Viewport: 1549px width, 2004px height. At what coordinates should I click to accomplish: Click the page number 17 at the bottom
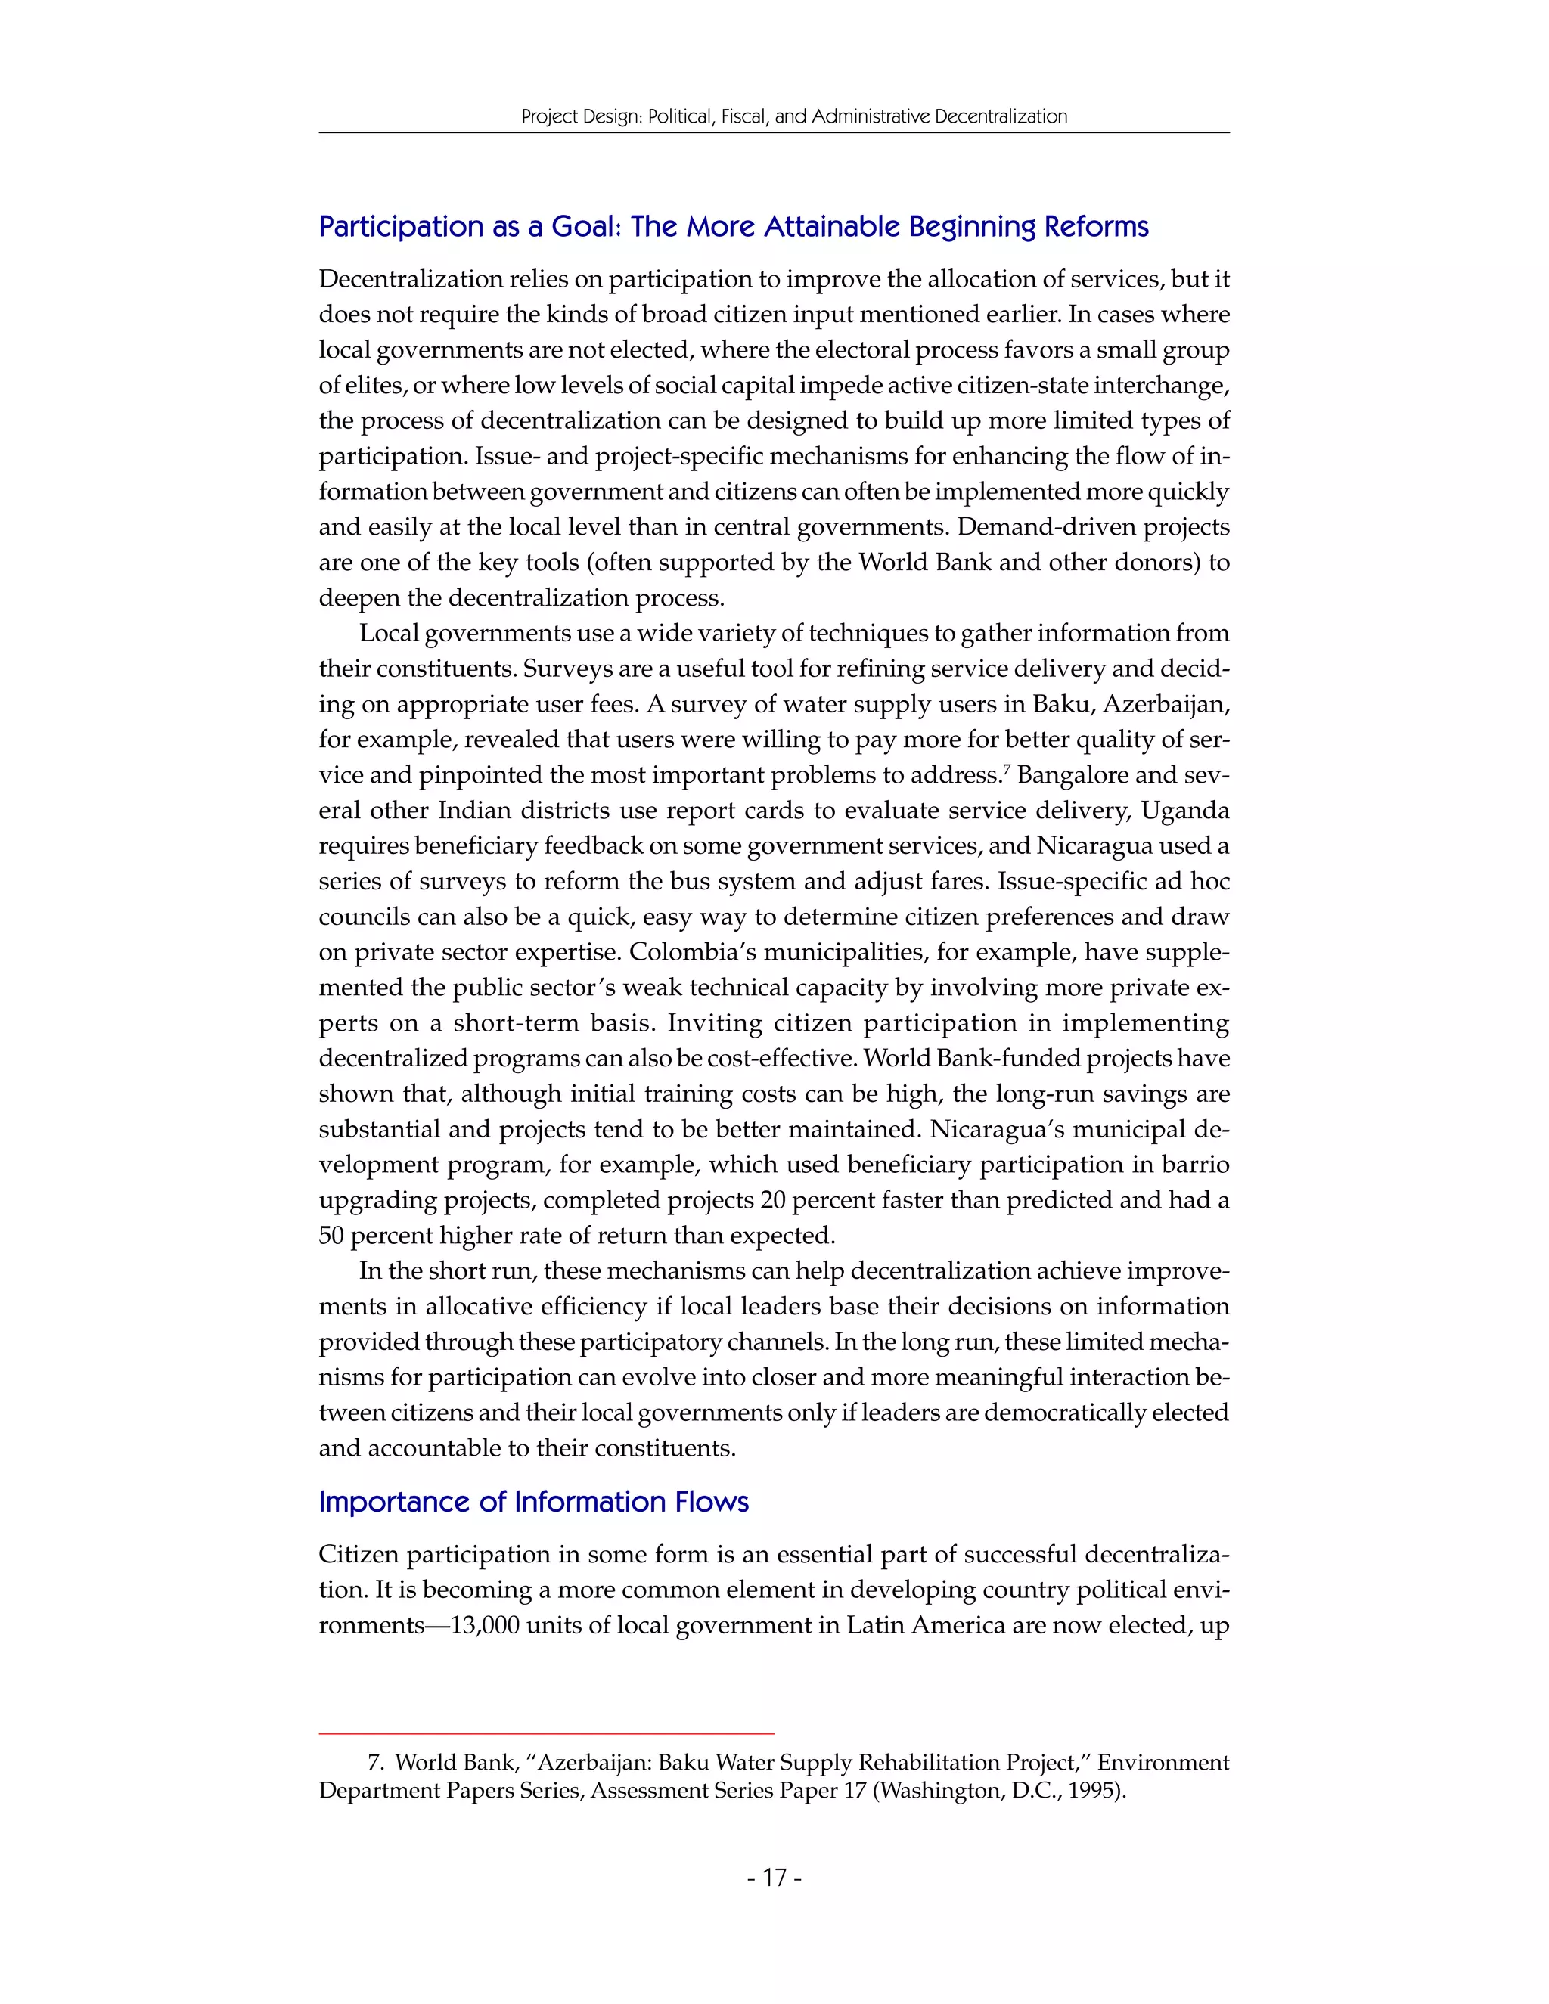774,1878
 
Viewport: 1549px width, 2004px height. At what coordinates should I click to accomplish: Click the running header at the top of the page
793,116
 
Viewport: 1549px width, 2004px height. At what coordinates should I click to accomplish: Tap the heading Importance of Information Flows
533,1502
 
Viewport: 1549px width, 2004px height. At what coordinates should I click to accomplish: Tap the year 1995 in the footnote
1098,1790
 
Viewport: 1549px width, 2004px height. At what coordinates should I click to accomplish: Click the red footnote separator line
546,1733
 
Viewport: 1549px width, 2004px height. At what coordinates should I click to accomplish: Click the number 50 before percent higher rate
331,1236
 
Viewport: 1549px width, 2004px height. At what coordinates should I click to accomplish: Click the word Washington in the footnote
938,1790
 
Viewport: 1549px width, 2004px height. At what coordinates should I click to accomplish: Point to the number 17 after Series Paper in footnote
855,1790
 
